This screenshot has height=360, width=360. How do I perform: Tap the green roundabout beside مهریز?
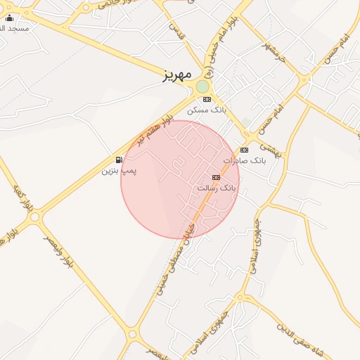coord(202,86)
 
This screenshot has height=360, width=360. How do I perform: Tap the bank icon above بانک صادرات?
coord(244,150)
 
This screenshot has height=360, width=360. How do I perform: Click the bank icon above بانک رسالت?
coord(216,177)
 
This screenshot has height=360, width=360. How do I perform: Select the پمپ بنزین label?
coord(120,170)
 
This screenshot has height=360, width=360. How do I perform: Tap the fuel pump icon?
coord(120,160)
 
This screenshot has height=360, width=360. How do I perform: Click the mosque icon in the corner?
coord(9,18)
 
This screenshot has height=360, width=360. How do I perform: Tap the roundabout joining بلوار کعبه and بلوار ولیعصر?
coord(34,217)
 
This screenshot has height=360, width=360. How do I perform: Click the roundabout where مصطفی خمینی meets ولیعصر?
coord(132,335)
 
